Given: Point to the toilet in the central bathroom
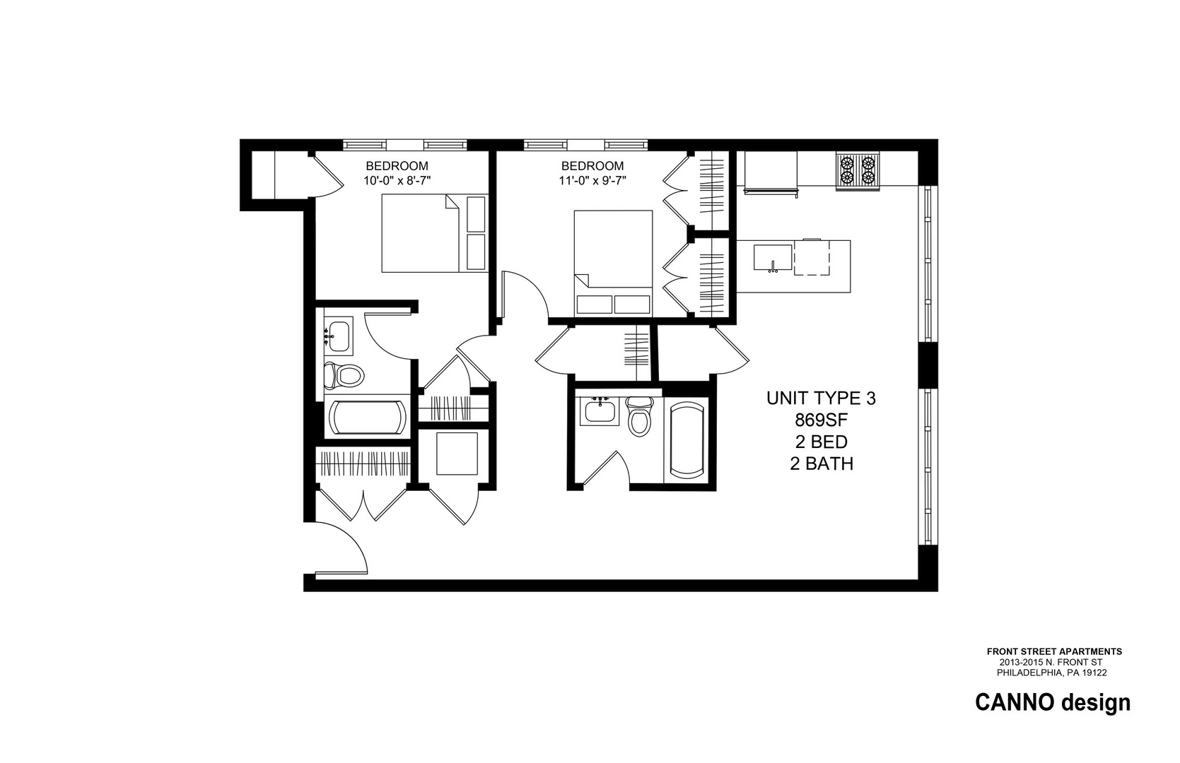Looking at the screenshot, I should [x=640, y=416].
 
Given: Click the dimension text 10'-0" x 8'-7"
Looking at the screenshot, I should [x=397, y=180].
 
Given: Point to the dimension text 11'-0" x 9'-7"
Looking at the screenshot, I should [x=592, y=180].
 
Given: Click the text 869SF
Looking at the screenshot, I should [x=821, y=420].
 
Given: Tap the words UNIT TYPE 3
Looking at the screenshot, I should [x=821, y=398].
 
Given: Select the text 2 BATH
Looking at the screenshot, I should [x=821, y=464].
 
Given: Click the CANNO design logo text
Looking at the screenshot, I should [x=1052, y=703].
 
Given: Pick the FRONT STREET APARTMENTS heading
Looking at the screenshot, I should [x=1054, y=651].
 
